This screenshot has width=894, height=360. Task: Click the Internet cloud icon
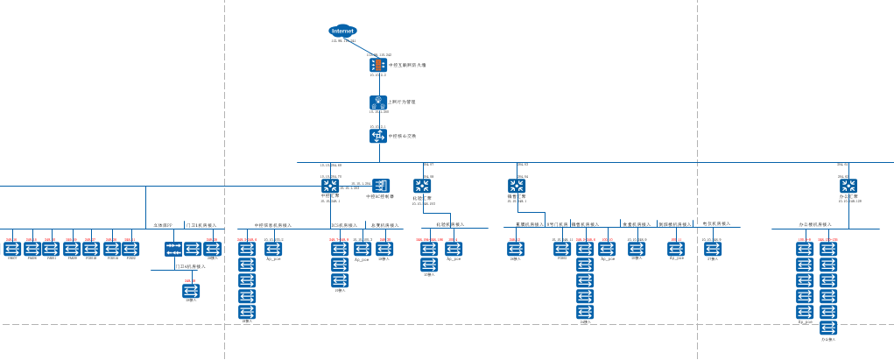click(342, 31)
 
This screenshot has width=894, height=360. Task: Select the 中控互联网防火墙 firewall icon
click(378, 65)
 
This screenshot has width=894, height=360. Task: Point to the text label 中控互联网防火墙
click(407, 65)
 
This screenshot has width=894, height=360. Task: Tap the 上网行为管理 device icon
click(378, 102)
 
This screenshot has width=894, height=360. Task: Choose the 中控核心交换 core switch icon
click(378, 136)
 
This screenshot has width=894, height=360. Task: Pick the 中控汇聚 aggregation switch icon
click(330, 186)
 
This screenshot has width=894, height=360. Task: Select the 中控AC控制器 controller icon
click(381, 186)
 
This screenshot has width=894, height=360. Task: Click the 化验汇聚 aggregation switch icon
click(422, 186)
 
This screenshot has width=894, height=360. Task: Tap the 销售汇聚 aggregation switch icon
click(517, 186)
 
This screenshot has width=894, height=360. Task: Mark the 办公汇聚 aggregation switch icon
click(848, 186)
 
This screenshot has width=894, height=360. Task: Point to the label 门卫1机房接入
click(201, 225)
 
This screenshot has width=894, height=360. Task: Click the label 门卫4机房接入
click(190, 266)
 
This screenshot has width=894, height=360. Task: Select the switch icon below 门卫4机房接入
click(191, 291)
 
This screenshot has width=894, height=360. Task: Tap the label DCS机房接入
click(344, 225)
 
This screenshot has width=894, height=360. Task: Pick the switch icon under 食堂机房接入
click(637, 249)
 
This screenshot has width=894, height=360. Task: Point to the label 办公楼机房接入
click(814, 224)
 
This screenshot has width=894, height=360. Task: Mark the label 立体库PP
click(164, 225)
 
